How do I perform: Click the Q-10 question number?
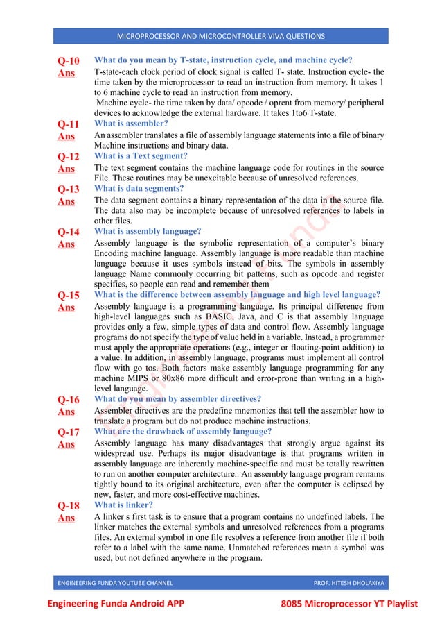(x=68, y=60)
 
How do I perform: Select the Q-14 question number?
(x=68, y=232)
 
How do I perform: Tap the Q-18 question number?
(x=68, y=505)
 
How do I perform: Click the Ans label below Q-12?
(x=67, y=169)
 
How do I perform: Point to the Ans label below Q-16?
(x=67, y=412)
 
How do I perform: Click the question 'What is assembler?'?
(x=131, y=124)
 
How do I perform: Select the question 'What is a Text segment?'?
(x=141, y=156)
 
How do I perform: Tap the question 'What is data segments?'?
(x=139, y=188)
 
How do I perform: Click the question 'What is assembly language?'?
(x=148, y=231)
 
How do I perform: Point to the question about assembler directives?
(x=177, y=399)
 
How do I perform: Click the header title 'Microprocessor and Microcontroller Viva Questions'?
(x=220, y=36)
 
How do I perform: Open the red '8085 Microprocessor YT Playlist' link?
(x=349, y=604)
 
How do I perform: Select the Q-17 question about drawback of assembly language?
(x=182, y=431)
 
